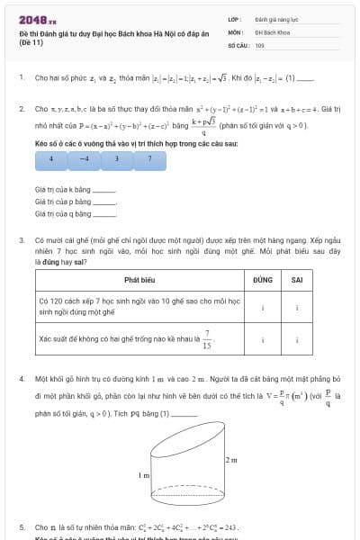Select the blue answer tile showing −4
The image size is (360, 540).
84,157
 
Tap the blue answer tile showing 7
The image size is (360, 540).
149,157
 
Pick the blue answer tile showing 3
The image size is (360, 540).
116,157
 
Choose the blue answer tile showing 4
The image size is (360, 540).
51,157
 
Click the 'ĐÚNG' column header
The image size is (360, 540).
263,280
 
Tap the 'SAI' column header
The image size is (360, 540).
297,280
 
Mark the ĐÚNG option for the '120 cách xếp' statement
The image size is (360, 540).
263,306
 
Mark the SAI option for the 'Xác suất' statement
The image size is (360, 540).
297,339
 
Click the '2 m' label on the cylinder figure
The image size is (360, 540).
230,459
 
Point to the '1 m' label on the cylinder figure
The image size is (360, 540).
143,474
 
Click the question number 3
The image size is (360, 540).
21,241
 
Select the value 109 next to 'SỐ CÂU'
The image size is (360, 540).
259,44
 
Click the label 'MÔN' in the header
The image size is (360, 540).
236,31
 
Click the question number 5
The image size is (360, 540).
21,526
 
